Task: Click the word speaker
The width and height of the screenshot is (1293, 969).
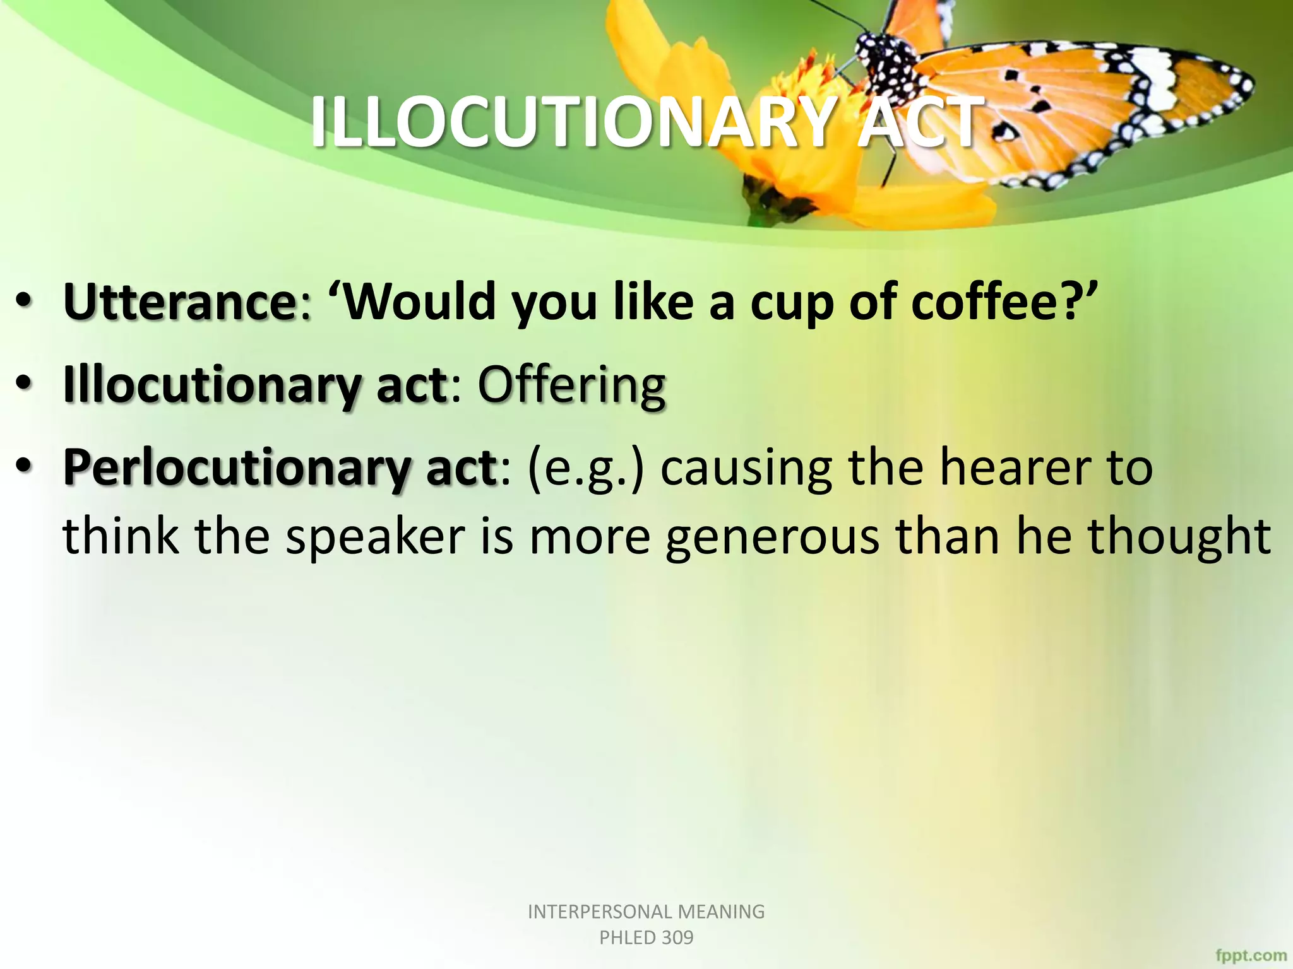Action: point(375,536)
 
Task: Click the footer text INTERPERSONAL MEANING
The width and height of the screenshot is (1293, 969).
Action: point(646,912)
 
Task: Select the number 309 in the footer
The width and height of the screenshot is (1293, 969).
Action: point(677,938)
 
